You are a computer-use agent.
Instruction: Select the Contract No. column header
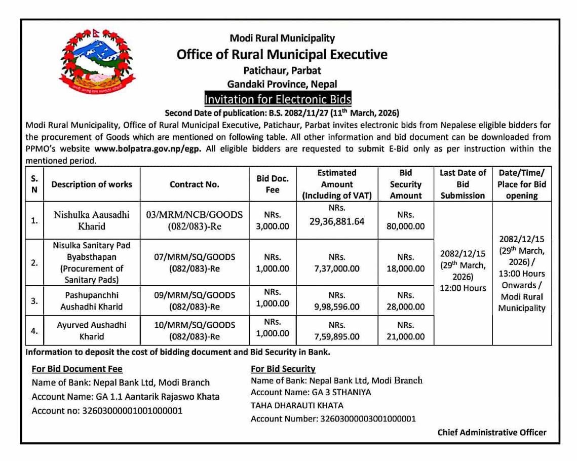pyautogui.click(x=195, y=184)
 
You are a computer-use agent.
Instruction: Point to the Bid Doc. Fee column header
pyautogui.click(x=273, y=184)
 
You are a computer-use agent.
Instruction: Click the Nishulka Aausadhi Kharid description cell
pyautogui.click(x=92, y=220)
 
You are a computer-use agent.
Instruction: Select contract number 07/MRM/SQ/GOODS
pyautogui.click(x=195, y=256)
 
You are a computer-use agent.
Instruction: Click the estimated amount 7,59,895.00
pyautogui.click(x=337, y=336)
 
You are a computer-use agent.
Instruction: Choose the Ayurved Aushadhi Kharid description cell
pyautogui.click(x=92, y=330)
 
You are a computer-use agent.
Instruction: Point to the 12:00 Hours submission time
pyautogui.click(x=463, y=288)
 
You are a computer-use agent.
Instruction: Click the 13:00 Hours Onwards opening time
pyautogui.click(x=521, y=279)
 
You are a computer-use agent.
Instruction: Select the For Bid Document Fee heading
pyautogui.click(x=77, y=369)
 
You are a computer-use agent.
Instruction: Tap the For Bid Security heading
pyautogui.click(x=283, y=369)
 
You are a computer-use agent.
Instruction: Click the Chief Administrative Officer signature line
pyautogui.click(x=492, y=432)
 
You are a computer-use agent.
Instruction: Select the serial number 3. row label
pyautogui.click(x=34, y=300)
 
